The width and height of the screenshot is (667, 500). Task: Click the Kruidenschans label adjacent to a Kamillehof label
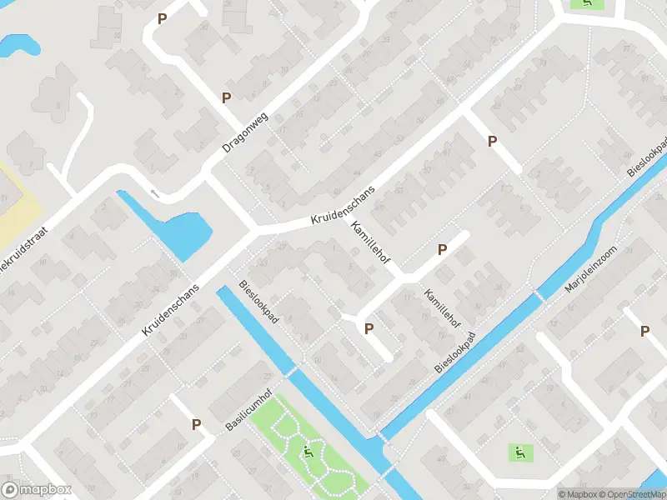pyautogui.click(x=343, y=204)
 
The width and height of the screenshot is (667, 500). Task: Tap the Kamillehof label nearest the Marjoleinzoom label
pyautogui.click(x=442, y=307)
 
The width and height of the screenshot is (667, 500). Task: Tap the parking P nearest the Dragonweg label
pyautogui.click(x=226, y=98)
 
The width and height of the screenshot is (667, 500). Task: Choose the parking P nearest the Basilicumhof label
pyautogui.click(x=197, y=424)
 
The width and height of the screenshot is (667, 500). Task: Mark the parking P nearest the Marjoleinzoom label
pyautogui.click(x=644, y=331)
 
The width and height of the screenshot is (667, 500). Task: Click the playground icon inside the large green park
pyautogui.click(x=308, y=453)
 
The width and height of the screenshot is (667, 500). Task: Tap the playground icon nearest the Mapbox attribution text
pyautogui.click(x=519, y=452)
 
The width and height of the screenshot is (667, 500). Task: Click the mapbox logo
pyautogui.click(x=37, y=490)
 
